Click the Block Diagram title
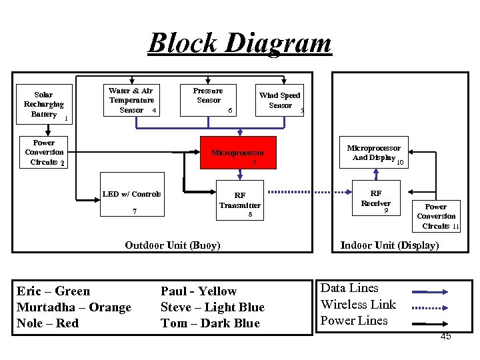click(239, 43)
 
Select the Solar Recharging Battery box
click(44, 105)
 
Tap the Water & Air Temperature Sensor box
click(131, 101)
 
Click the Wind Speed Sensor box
click(280, 101)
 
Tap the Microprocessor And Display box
click(375, 153)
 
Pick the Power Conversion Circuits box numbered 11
click(437, 216)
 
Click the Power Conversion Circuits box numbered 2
click(44, 153)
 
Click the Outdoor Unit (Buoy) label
click(173, 245)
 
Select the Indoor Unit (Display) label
click(389, 245)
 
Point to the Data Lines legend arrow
click(429, 291)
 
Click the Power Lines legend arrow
click(429, 323)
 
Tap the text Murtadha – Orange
click(74, 307)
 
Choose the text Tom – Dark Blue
click(210, 323)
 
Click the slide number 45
click(445, 336)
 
